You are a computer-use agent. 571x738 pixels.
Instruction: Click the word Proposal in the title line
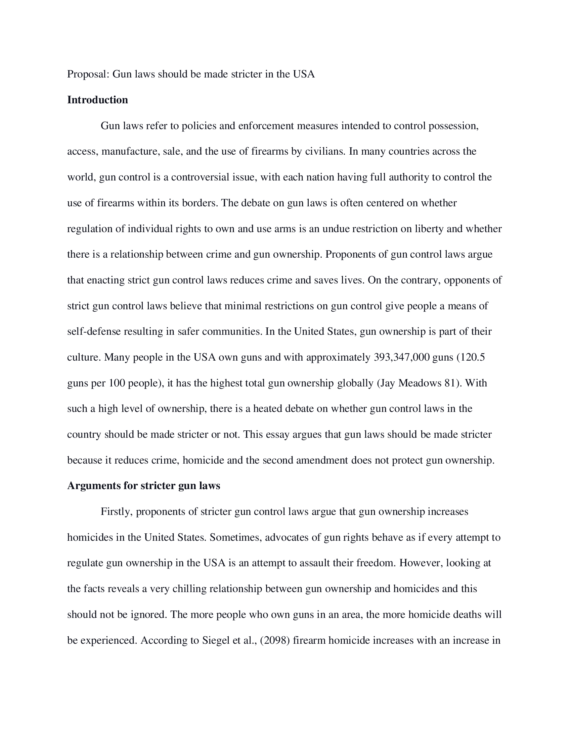pos(88,74)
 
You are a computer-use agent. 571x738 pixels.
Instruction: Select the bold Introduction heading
pos(97,100)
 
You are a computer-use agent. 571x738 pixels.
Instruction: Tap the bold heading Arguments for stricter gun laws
pos(143,486)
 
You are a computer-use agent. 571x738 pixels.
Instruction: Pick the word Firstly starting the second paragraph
pos(116,512)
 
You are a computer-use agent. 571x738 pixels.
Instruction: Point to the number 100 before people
pos(117,383)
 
